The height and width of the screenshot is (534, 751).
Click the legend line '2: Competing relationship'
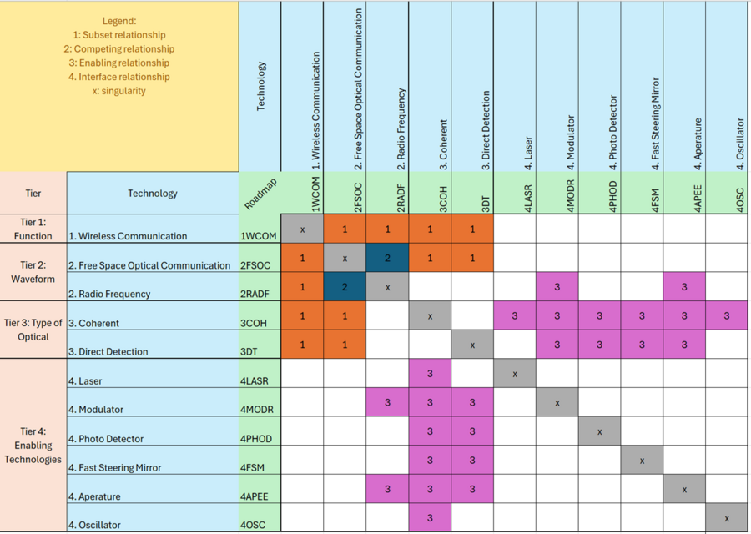(x=119, y=49)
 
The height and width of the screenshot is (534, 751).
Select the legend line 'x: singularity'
(x=119, y=90)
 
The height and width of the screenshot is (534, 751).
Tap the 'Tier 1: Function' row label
(x=33, y=229)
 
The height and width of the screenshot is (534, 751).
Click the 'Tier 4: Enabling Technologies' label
(x=33, y=446)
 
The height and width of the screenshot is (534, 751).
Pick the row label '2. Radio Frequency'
(x=110, y=294)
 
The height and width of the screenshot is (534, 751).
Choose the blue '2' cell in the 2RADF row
(x=345, y=286)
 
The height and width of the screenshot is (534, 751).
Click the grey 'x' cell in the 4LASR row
(x=515, y=374)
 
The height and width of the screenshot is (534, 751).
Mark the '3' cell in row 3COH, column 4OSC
(x=727, y=315)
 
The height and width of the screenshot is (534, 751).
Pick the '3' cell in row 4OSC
(x=430, y=518)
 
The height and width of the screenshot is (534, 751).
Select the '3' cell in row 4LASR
(x=430, y=374)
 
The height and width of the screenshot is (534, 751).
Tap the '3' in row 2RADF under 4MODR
(x=557, y=286)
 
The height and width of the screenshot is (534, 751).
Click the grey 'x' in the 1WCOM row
(x=302, y=229)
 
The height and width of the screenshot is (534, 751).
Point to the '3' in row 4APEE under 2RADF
(x=387, y=489)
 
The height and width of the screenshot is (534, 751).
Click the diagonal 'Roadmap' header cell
(x=260, y=194)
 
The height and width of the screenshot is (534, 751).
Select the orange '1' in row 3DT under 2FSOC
(x=345, y=345)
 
